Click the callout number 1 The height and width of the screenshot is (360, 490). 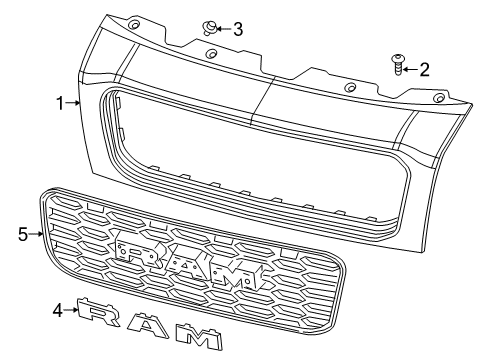[61, 102]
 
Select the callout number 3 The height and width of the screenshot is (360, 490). [237, 28]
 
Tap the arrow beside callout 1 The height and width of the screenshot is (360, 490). [74, 102]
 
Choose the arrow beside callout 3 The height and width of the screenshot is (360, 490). [224, 28]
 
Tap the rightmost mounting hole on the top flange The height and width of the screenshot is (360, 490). [438, 101]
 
